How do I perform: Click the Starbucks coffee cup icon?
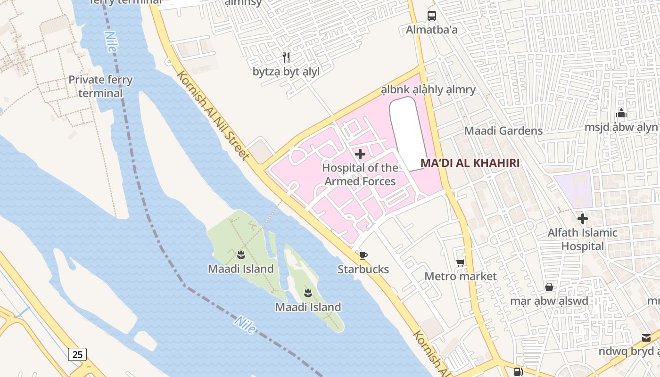click(x=363, y=256)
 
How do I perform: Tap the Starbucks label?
click(x=363, y=269)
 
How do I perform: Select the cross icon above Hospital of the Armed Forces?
click(x=360, y=154)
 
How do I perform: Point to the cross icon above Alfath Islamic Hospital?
click(x=583, y=219)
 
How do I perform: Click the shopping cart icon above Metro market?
click(x=461, y=262)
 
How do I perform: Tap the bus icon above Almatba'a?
click(x=432, y=16)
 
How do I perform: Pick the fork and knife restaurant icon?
click(x=286, y=57)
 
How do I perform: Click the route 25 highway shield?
click(x=77, y=354)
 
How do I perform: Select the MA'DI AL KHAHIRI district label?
click(x=470, y=163)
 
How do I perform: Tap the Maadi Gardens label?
click(x=503, y=131)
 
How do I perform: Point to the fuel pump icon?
click(x=518, y=371)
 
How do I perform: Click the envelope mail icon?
click(x=646, y=337)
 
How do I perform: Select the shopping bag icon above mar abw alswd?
click(x=549, y=287)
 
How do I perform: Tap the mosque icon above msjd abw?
click(x=621, y=113)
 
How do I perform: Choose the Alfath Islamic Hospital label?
click(x=582, y=239)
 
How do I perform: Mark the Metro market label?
click(x=461, y=276)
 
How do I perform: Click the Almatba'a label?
click(x=432, y=30)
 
